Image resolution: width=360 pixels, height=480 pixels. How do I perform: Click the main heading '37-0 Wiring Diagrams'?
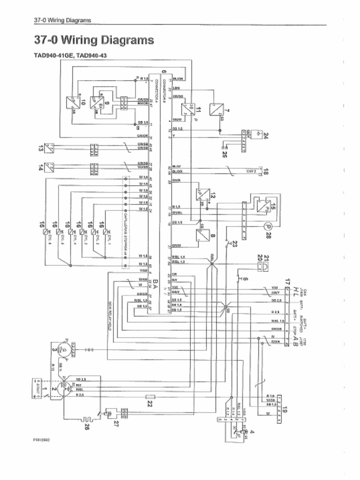[94, 40]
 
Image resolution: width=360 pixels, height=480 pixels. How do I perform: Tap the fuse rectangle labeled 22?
[150, 397]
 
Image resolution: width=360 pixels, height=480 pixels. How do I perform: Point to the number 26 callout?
[87, 426]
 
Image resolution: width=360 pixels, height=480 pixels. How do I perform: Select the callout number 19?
[285, 411]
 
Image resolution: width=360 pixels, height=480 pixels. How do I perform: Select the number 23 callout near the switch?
[234, 243]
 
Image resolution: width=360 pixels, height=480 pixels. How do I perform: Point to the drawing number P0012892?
[41, 440]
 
